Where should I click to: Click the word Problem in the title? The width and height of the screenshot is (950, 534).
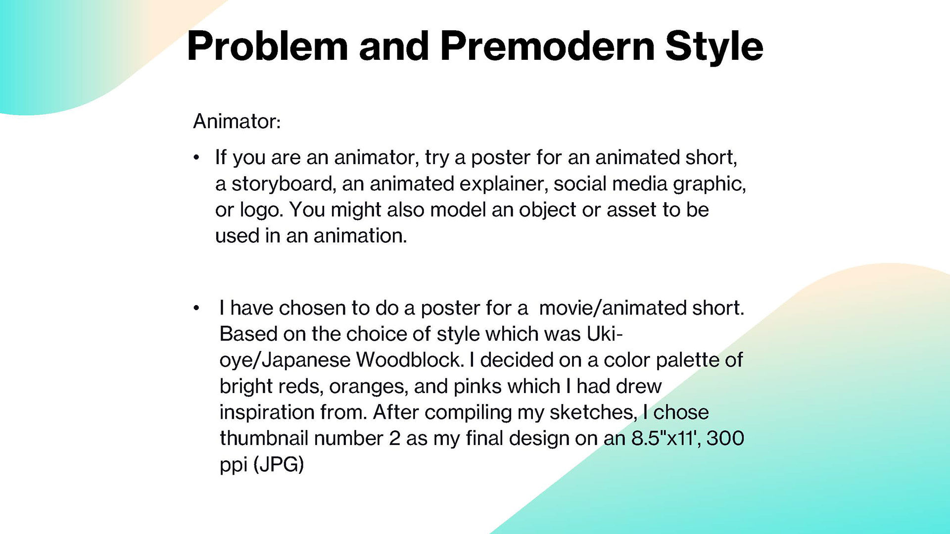point(268,47)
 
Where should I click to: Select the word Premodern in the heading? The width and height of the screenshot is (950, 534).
point(548,46)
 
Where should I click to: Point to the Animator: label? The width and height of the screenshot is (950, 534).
point(237,121)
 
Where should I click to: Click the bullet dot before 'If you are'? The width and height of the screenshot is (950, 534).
point(196,158)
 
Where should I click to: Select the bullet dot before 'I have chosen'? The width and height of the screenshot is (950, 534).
point(196,309)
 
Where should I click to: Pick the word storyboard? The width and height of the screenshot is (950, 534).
point(282,184)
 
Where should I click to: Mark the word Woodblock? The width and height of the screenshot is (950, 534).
point(410,360)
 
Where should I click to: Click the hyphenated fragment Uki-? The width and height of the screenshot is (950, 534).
point(604,334)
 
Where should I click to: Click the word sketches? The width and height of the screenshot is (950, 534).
point(593,412)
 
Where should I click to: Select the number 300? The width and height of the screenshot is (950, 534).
point(725,438)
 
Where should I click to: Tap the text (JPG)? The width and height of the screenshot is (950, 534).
point(279,465)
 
